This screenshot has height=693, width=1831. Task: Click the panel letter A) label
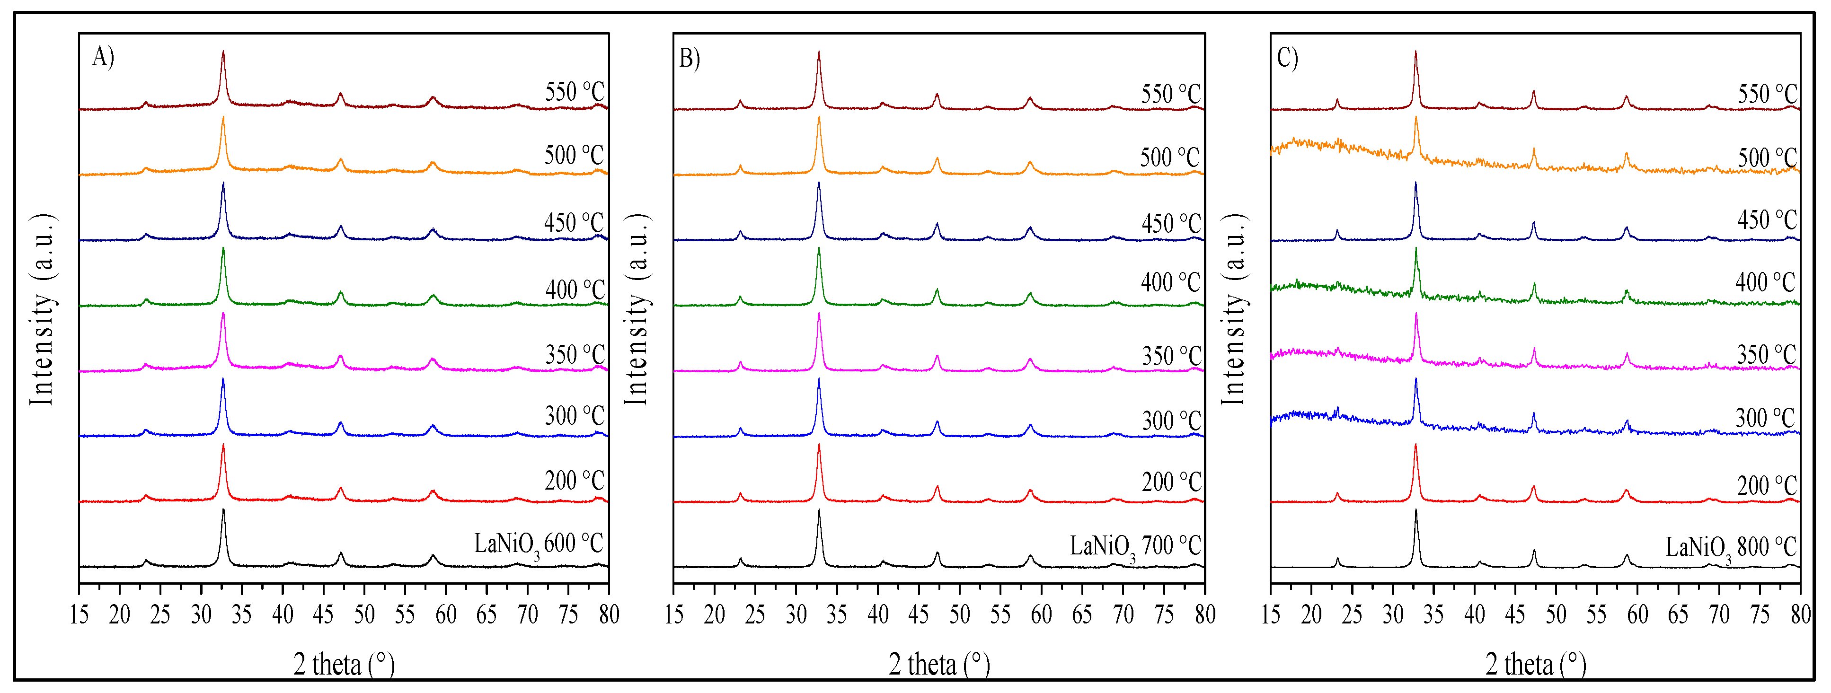103,56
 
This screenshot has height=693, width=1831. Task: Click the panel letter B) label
690,58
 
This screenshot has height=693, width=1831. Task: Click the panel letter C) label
1287,58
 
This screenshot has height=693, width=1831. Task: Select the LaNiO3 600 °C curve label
538,544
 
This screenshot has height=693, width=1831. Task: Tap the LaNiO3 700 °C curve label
1135,546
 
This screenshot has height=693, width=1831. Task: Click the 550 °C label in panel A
575,92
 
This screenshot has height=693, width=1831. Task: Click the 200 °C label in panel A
575,481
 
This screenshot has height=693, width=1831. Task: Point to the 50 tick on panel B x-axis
960,614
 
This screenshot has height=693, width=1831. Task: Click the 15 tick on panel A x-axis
79,614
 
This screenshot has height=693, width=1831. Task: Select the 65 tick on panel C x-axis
1678,614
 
